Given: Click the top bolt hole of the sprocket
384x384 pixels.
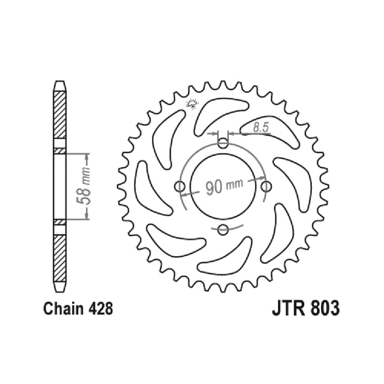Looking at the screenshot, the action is (223, 143).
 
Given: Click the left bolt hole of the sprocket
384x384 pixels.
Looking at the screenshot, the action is (180, 187).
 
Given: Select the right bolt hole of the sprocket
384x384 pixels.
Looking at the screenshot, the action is (266, 187).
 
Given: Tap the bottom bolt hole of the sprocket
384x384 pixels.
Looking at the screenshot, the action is (223, 230).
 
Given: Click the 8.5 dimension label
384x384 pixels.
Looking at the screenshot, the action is (261, 128).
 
